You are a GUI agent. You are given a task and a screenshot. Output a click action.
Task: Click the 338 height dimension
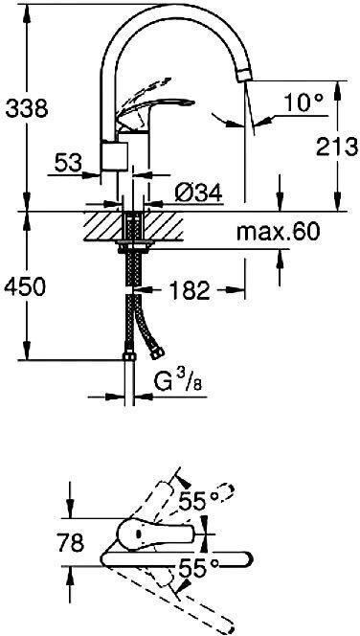(27, 108)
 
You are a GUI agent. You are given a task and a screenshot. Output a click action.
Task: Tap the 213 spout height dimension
(337, 147)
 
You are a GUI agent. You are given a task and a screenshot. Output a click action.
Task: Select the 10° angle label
(304, 102)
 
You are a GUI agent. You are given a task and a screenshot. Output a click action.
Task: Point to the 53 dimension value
(68, 164)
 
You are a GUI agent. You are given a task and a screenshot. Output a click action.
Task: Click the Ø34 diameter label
(198, 193)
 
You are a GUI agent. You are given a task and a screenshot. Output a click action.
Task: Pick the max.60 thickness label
(279, 232)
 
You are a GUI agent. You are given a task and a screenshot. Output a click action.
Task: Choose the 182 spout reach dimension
(190, 290)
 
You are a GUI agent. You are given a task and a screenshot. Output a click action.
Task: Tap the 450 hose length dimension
(25, 287)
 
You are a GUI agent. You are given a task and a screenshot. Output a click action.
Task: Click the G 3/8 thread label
(178, 381)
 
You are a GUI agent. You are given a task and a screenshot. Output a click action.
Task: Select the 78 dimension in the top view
(71, 543)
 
